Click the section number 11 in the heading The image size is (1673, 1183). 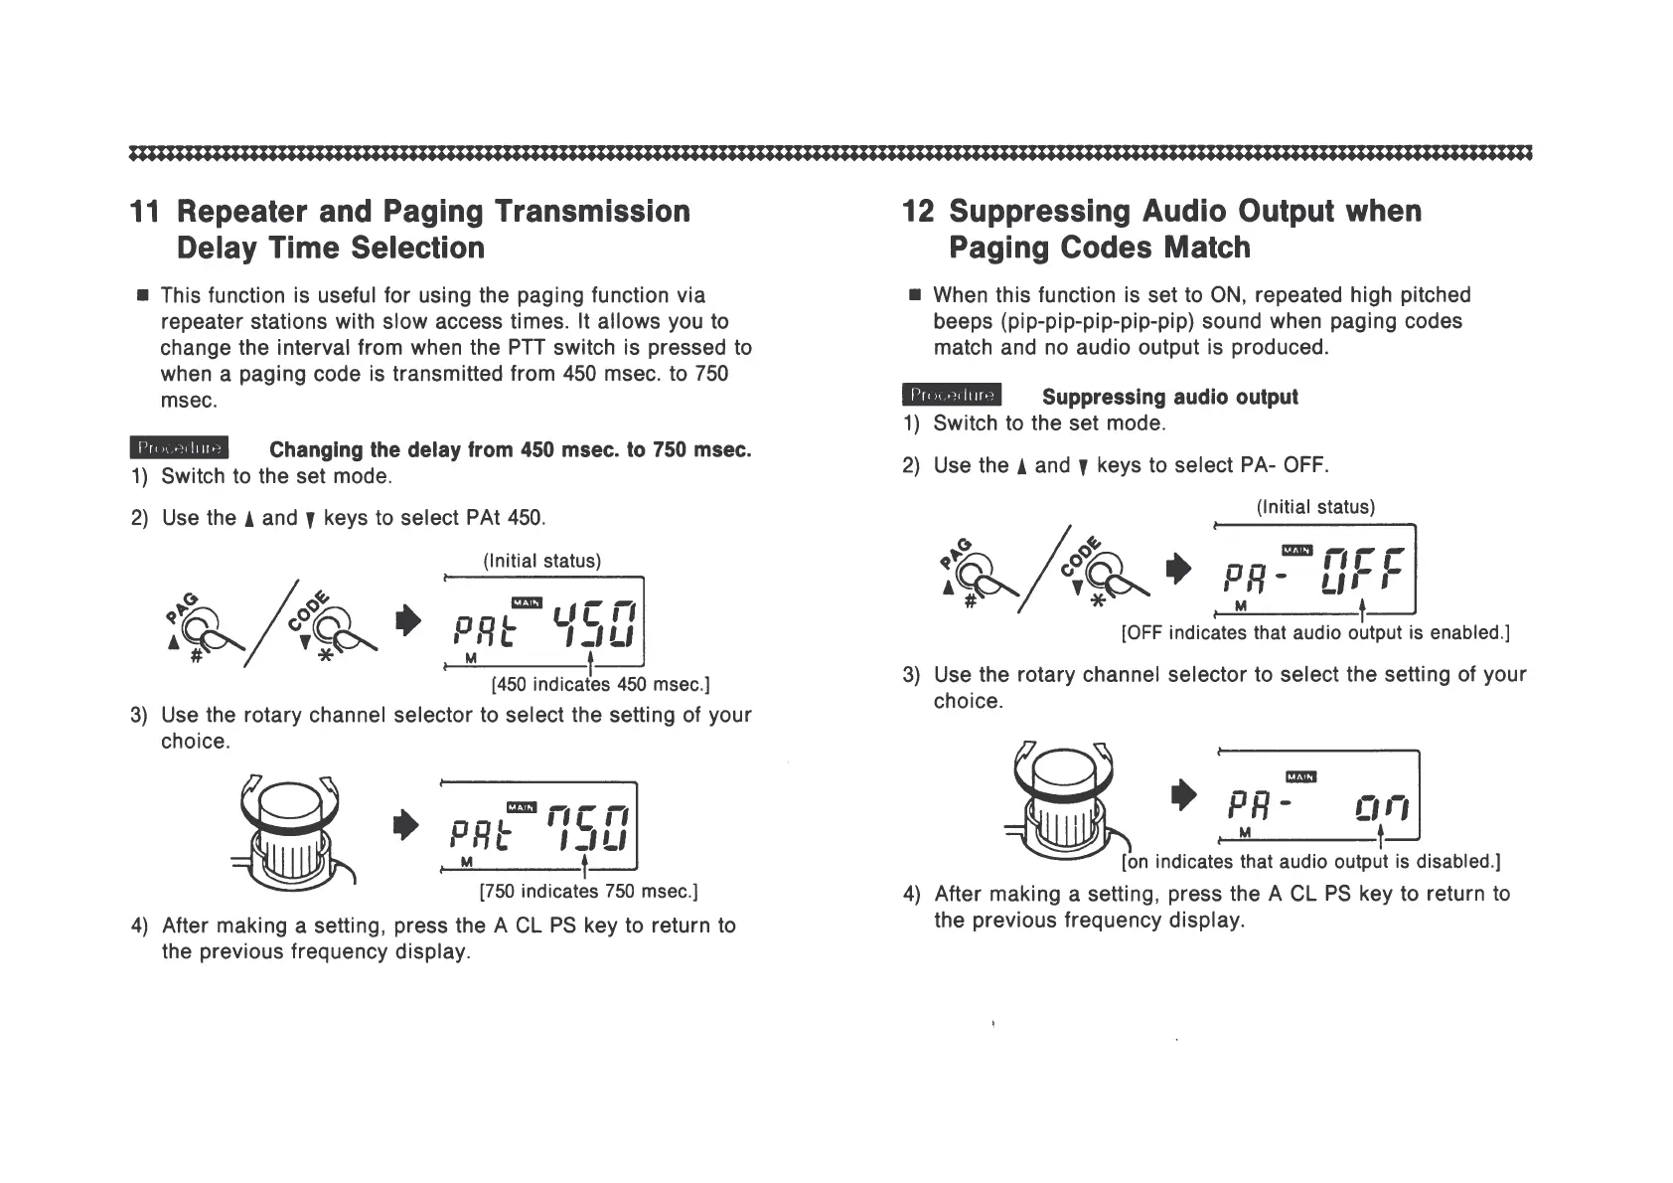click(x=144, y=212)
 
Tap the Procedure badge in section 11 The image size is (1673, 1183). click(x=179, y=449)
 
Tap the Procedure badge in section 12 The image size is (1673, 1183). click(x=952, y=396)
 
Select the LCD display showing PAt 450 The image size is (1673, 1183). click(x=544, y=622)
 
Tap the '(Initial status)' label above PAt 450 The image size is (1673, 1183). click(x=542, y=561)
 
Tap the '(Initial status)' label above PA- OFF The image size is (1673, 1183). click(x=1315, y=507)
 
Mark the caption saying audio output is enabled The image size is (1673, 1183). click(x=1315, y=632)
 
